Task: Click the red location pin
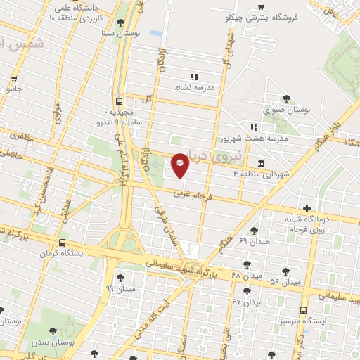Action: pyautogui.click(x=180, y=165)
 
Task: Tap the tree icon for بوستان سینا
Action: pyautogui.click(x=121, y=22)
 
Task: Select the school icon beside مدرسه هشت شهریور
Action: pyautogui.click(x=255, y=127)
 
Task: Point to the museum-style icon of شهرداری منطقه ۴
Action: pyautogui.click(x=262, y=164)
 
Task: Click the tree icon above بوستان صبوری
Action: pyautogui.click(x=285, y=99)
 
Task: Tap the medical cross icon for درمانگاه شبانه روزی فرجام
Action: pyautogui.click(x=307, y=207)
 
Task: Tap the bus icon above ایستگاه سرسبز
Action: pyautogui.click(x=303, y=309)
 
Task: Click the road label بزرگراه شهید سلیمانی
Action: pyautogui.click(x=198, y=270)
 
